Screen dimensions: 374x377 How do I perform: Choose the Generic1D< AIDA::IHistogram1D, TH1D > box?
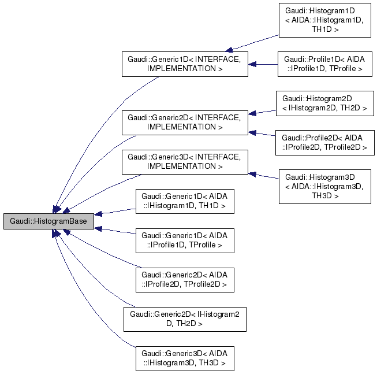click(x=185, y=201)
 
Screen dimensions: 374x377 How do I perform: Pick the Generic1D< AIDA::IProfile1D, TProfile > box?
click(x=185, y=240)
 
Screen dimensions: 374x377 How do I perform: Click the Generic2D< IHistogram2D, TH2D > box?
click(x=185, y=319)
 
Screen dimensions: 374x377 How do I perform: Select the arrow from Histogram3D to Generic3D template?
click(x=264, y=176)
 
